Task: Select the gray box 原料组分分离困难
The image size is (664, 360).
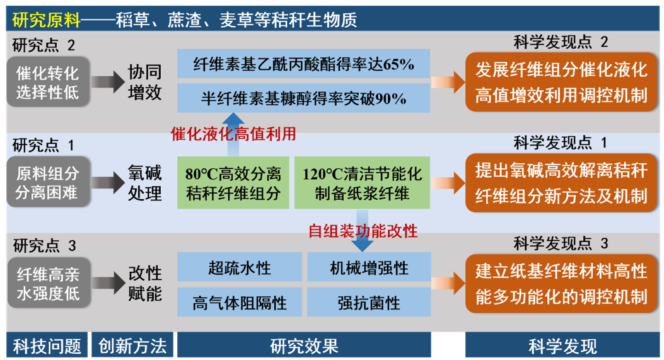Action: pyautogui.click(x=48, y=182)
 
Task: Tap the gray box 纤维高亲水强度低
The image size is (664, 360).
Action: pyautogui.click(x=48, y=283)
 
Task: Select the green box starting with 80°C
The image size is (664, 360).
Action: pyautogui.click(x=233, y=182)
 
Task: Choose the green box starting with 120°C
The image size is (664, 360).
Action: pyautogui.click(x=362, y=182)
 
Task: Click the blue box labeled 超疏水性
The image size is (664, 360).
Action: pyautogui.click(x=240, y=267)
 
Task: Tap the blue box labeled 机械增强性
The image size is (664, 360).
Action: pyautogui.click(x=369, y=267)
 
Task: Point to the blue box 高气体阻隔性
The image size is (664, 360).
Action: pyautogui.click(x=240, y=303)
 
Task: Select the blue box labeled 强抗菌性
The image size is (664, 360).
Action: pyautogui.click(x=369, y=303)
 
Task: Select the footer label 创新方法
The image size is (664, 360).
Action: pyautogui.click(x=132, y=345)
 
